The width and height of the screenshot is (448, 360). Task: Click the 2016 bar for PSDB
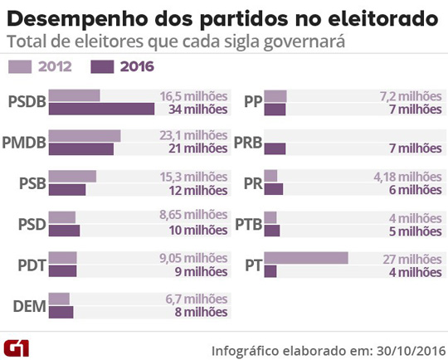101,109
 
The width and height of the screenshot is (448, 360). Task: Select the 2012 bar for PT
306,258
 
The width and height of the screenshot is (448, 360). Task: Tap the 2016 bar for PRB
275,148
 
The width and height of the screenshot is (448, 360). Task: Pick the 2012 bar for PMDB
85,136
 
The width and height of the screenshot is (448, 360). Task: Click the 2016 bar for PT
270,271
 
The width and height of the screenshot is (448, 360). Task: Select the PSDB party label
26,103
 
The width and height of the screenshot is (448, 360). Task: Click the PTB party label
249,224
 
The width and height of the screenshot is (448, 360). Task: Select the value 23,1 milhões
192,136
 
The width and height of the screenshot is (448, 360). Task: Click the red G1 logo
17,344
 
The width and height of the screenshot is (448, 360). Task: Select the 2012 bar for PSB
72,176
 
